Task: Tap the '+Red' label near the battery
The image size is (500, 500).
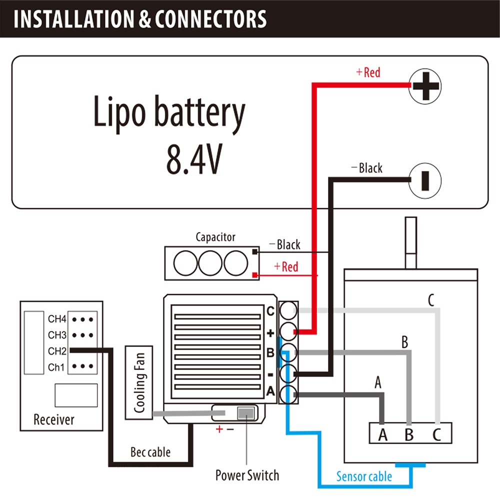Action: [x=368, y=72]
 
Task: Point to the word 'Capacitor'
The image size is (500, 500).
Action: [x=215, y=237]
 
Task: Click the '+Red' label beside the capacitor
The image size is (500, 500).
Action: [x=286, y=266]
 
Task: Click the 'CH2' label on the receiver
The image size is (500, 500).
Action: [x=57, y=351]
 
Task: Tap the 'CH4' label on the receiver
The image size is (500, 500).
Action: [x=57, y=318]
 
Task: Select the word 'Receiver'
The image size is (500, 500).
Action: [x=53, y=419]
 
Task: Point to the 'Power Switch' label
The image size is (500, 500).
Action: [x=247, y=474]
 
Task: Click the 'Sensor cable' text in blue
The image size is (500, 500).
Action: [x=364, y=476]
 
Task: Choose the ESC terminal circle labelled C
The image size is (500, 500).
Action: [x=288, y=311]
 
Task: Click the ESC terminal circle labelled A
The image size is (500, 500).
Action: [x=288, y=393]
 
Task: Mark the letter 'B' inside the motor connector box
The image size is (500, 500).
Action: [x=409, y=434]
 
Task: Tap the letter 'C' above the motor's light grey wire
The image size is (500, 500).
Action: [x=431, y=301]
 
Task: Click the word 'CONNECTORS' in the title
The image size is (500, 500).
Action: [x=210, y=19]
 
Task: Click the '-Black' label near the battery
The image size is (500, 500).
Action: [x=367, y=168]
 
